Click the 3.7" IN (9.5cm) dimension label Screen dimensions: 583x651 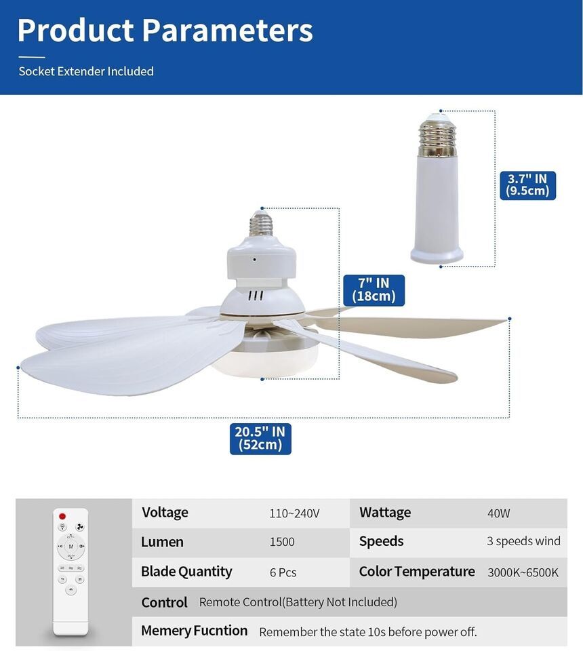(x=527, y=185)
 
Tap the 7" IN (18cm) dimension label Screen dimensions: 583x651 (x=374, y=290)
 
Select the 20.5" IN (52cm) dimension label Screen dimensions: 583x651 (x=260, y=439)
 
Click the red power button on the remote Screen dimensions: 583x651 (x=62, y=516)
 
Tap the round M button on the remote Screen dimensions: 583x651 (x=71, y=546)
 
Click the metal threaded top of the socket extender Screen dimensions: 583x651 (x=437, y=135)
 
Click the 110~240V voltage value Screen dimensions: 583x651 (x=294, y=513)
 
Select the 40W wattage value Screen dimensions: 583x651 (x=498, y=513)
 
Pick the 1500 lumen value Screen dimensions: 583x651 (x=282, y=542)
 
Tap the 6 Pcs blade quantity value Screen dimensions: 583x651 (x=283, y=572)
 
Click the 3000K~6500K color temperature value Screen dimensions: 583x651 (x=523, y=572)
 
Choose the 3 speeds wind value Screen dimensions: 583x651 (x=523, y=541)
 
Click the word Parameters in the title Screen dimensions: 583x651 (x=227, y=31)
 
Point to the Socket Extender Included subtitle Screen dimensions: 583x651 (x=86, y=71)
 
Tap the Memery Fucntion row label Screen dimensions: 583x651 (x=194, y=631)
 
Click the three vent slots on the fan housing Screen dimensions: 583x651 (x=256, y=296)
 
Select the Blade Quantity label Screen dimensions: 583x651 (x=186, y=572)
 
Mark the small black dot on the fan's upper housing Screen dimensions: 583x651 (x=254, y=260)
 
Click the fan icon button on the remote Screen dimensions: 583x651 (x=80, y=527)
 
